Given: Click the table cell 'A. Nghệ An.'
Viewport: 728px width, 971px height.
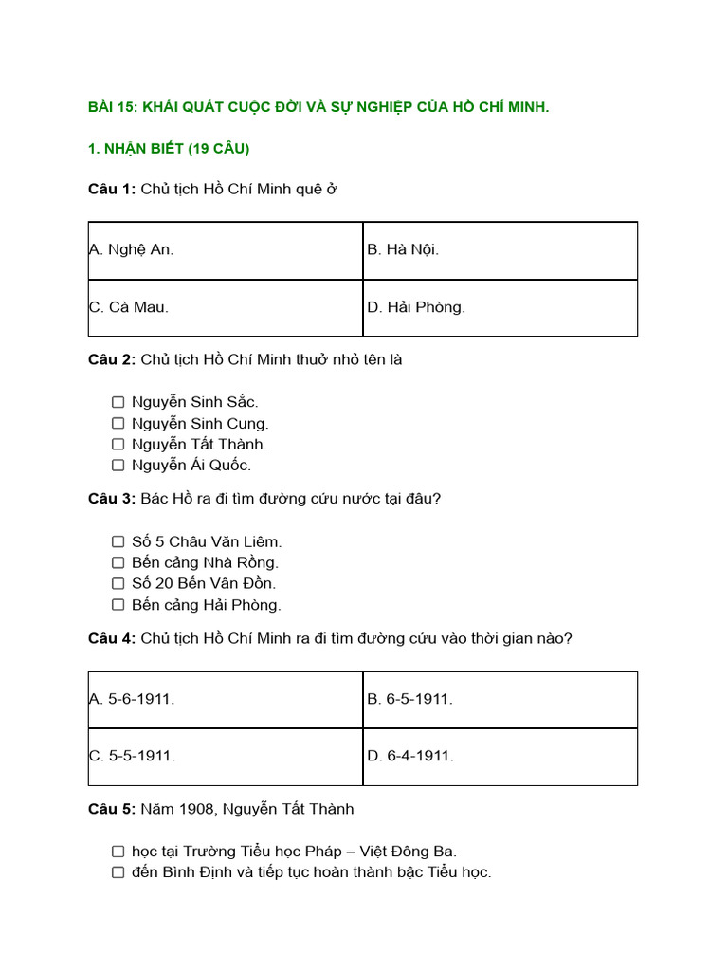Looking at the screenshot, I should pyautogui.click(x=225, y=250).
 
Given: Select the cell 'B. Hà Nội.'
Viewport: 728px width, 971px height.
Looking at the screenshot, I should pyautogui.click(x=500, y=250).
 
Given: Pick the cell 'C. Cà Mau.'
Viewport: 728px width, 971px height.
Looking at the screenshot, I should pyautogui.click(x=225, y=307).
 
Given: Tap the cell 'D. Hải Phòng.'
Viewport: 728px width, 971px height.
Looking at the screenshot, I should pyautogui.click(x=500, y=307).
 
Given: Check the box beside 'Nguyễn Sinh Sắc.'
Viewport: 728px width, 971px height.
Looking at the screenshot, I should pyautogui.click(x=118, y=402).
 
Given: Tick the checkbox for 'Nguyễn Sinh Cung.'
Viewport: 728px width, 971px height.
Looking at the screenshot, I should pyautogui.click(x=118, y=423).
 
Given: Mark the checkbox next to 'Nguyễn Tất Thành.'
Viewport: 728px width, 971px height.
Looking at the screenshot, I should pyautogui.click(x=118, y=444).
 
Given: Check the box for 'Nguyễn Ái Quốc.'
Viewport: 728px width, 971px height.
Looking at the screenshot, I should pyautogui.click(x=118, y=465).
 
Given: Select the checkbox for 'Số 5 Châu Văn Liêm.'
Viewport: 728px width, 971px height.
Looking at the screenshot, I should pyautogui.click(x=118, y=541).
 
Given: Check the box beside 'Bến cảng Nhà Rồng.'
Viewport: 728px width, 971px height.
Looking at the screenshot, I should pyautogui.click(x=118, y=562).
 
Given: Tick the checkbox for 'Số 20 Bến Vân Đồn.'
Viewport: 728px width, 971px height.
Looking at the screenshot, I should pyautogui.click(x=118, y=583).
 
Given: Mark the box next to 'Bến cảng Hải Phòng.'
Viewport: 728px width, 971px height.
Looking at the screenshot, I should pyautogui.click(x=118, y=604).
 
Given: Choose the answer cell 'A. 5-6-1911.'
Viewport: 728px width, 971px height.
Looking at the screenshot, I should pyautogui.click(x=225, y=699).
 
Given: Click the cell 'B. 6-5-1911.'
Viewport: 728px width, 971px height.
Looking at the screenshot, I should pyautogui.click(x=500, y=699).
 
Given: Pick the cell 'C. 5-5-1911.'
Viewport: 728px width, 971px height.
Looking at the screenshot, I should pyautogui.click(x=225, y=756).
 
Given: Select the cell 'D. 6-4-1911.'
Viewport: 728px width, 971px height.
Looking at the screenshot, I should pyautogui.click(x=500, y=756).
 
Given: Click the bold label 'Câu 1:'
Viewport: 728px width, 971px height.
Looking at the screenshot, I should pyautogui.click(x=112, y=189).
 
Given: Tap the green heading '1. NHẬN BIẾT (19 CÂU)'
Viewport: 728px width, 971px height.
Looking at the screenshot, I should pyautogui.click(x=169, y=149).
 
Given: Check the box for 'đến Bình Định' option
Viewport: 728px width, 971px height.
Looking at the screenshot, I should pyautogui.click(x=118, y=872).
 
